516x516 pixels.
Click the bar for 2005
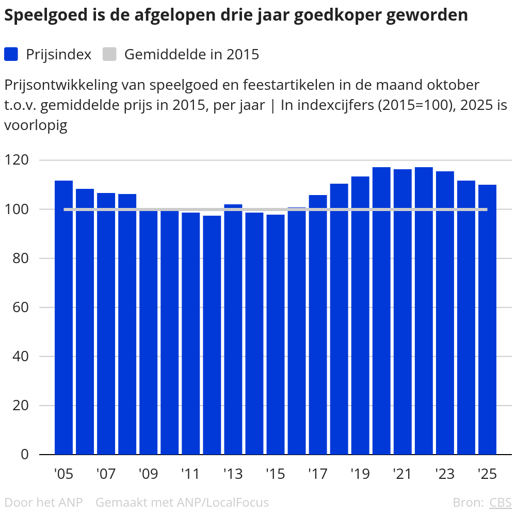[x=63, y=317]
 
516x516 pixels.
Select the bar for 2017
[x=318, y=325]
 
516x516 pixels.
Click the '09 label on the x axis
[x=148, y=474]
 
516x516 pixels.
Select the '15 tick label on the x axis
[x=275, y=474]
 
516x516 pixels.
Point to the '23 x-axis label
[x=444, y=474]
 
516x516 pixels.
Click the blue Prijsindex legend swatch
[x=11, y=54]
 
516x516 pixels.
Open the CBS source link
[x=500, y=502]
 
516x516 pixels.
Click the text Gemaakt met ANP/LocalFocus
[x=182, y=502]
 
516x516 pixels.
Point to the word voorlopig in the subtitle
[x=36, y=125]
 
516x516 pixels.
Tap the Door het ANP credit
[x=43, y=502]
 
